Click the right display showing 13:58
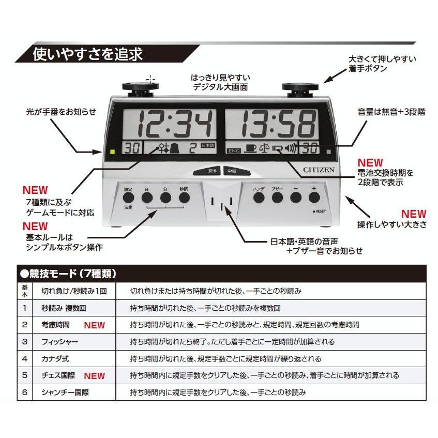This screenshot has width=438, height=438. (x=278, y=124)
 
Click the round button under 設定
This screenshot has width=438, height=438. (x=128, y=198)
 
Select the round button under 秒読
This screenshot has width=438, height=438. (x=184, y=198)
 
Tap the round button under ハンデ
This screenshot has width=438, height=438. (x=259, y=197)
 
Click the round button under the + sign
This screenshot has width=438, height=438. (x=313, y=197)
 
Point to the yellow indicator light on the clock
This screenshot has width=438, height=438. (x=112, y=152)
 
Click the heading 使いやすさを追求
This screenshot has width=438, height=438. (x=87, y=54)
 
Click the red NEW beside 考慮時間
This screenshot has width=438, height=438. (x=94, y=325)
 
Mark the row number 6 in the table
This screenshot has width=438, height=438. (x=24, y=392)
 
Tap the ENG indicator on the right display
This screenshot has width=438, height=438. (x=234, y=150)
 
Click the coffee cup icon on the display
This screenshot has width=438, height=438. (x=250, y=149)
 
